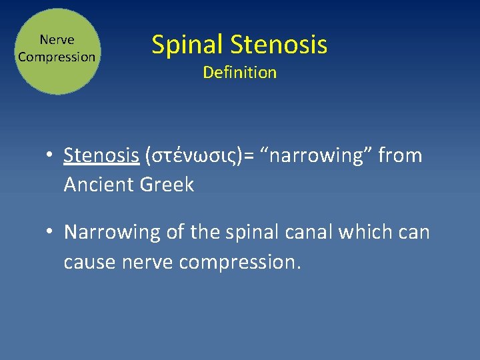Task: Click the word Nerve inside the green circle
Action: tap(57, 41)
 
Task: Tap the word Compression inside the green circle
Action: tap(57, 57)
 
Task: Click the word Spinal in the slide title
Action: tap(187, 45)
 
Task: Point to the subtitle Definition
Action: tap(239, 73)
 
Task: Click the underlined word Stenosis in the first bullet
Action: tap(101, 155)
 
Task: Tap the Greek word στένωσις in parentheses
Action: tap(193, 156)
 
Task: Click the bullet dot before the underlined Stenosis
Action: tap(51, 156)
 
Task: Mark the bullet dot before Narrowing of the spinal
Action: tap(51, 233)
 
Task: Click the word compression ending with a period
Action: tap(241, 263)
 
